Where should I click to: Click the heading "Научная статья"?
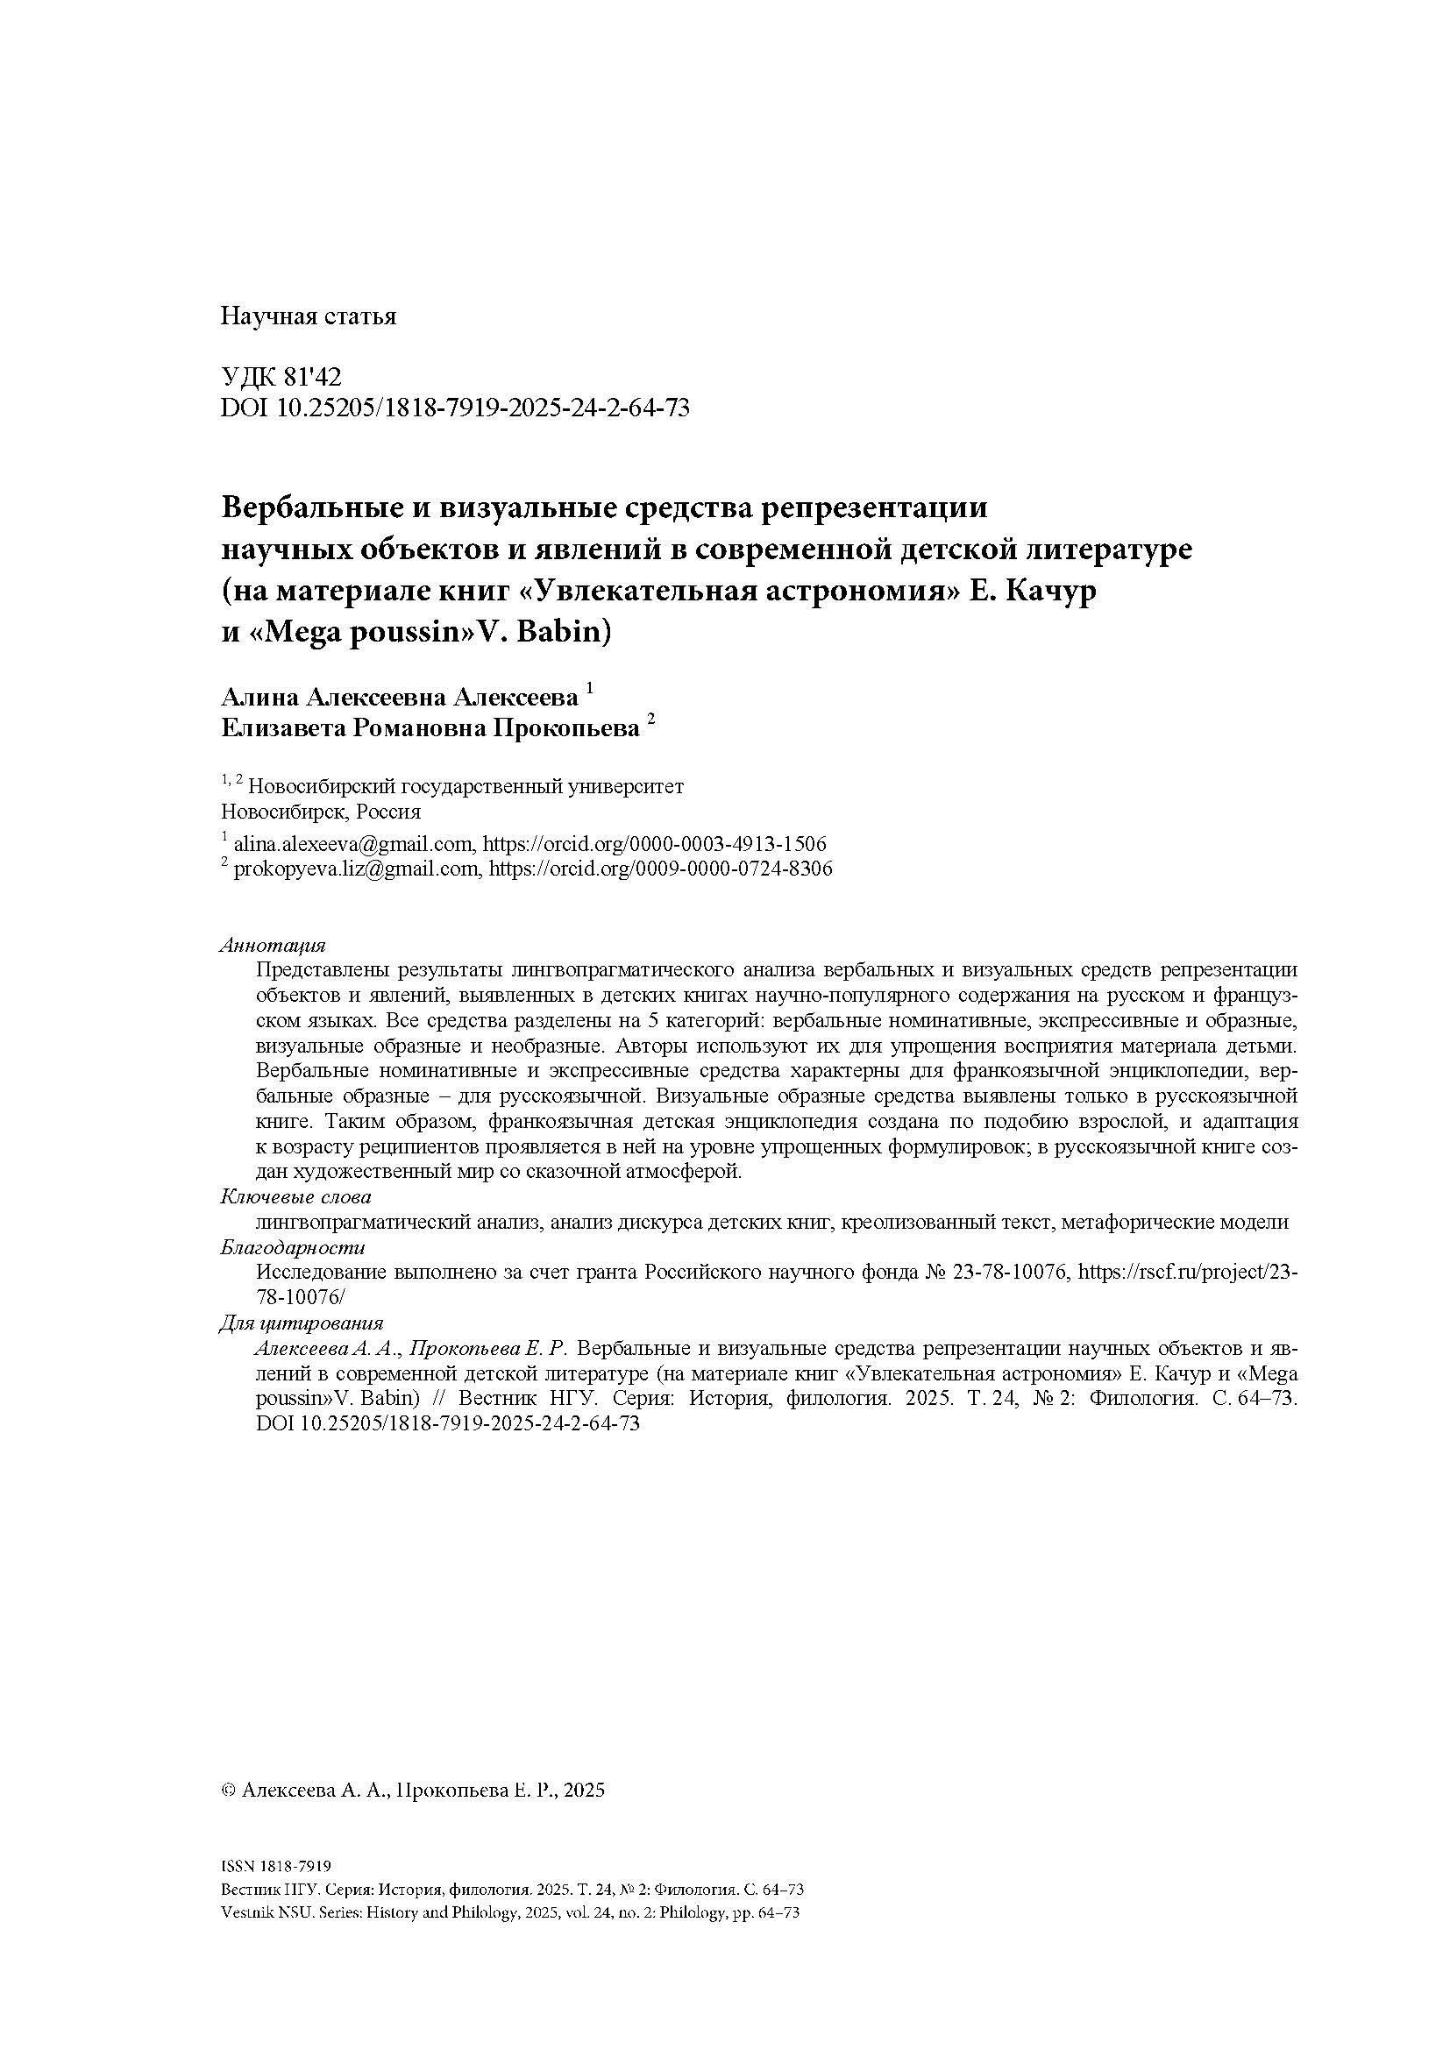point(308,317)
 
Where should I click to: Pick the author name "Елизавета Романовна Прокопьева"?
point(430,728)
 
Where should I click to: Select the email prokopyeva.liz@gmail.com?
point(355,869)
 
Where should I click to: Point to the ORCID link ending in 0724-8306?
point(661,869)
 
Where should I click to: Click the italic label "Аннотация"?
point(274,946)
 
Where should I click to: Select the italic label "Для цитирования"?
point(302,1323)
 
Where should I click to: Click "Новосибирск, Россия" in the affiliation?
point(321,812)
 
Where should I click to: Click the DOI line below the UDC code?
point(455,408)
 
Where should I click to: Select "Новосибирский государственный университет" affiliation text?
point(466,786)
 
